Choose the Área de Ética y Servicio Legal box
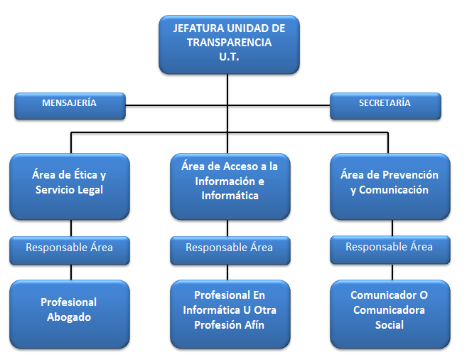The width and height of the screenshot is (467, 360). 69,185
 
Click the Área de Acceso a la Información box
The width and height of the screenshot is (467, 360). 230,185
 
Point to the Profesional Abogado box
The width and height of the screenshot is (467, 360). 69,313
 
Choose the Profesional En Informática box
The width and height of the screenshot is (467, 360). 230,313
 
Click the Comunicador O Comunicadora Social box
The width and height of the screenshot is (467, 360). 389,313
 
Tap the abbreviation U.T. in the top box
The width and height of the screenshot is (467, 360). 229,57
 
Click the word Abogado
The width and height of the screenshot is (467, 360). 69,317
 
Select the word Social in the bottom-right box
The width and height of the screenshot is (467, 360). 389,325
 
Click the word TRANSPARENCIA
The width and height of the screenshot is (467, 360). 229,43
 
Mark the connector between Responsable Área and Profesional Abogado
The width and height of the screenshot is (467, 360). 71,271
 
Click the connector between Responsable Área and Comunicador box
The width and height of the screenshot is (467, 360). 392,271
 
